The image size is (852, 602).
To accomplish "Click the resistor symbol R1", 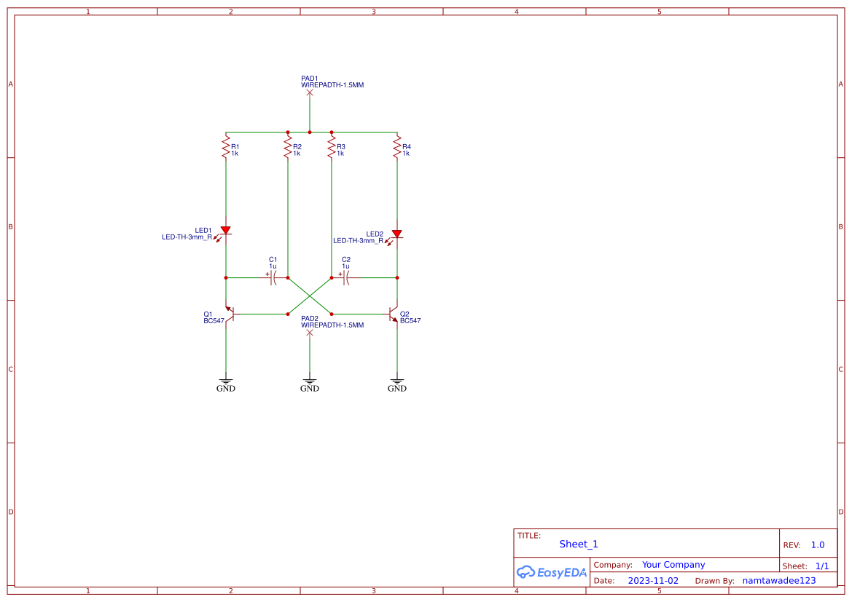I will pos(226,148).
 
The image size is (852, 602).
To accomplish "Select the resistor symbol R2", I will pos(288,148).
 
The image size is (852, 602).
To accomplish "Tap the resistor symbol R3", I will pos(332,148).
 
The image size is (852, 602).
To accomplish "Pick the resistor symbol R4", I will pos(397,148).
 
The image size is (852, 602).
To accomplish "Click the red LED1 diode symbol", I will pos(226,231).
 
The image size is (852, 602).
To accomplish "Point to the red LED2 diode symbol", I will pos(397,234).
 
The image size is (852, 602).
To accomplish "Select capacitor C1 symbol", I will pos(273,277).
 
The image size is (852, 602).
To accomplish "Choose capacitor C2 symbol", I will pos(346,277).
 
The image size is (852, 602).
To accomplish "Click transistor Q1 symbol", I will pos(230,314).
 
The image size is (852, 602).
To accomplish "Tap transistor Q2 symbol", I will pos(394,314).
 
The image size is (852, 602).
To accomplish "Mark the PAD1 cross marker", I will pos(310,92).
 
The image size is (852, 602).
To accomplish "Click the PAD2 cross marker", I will pos(310,333).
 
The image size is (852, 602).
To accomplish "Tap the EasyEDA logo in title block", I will pos(552,572).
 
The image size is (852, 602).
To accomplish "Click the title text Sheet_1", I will pos(579,544).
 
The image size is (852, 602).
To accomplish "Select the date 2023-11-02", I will pos(653,581).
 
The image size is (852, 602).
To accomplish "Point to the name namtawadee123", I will pos(778,581).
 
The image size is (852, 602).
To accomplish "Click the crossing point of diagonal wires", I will pos(310,296).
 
